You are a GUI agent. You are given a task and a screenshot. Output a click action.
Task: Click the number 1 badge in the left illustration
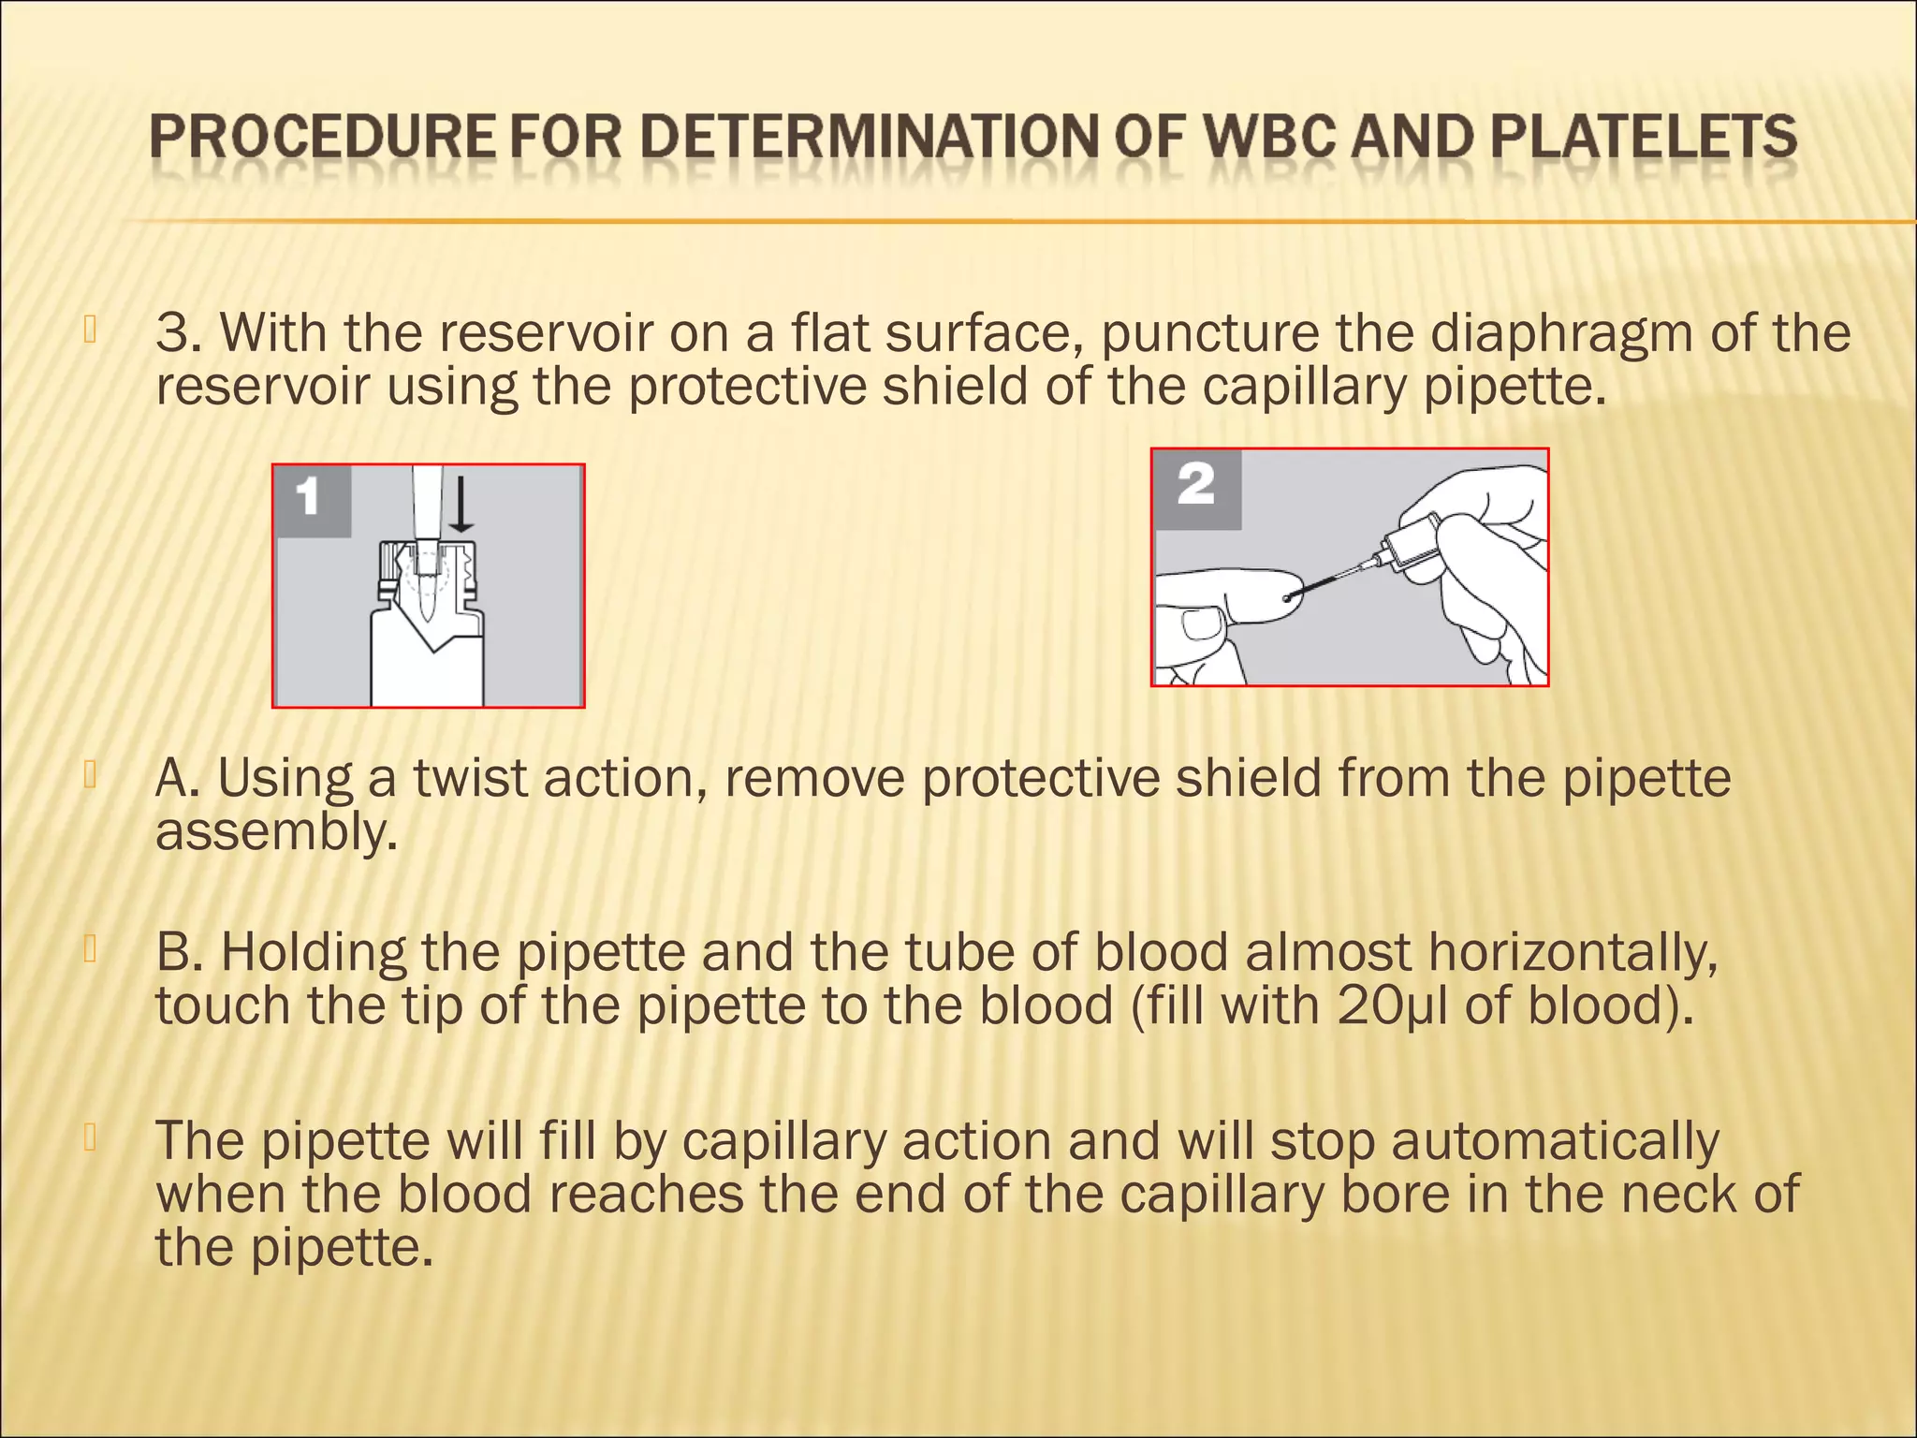point(308,497)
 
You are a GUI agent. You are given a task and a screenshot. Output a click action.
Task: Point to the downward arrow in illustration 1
point(461,506)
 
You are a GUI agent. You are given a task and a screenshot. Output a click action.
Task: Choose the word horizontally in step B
point(1573,952)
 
